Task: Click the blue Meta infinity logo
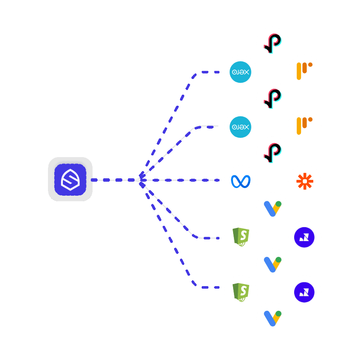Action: pyautogui.click(x=241, y=182)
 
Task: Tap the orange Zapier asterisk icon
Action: pyautogui.click(x=304, y=182)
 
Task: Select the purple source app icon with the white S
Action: pyautogui.click(x=70, y=179)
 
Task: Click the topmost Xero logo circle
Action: pyautogui.click(x=241, y=72)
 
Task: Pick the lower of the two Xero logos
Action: pyautogui.click(x=241, y=127)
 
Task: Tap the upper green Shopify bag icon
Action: pyautogui.click(x=241, y=237)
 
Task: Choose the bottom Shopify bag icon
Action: pyautogui.click(x=241, y=292)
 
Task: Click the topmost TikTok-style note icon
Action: pyautogui.click(x=273, y=44)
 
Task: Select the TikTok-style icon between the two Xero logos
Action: pyautogui.click(x=273, y=98)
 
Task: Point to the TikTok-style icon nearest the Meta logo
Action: pyautogui.click(x=273, y=153)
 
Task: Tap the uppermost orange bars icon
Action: pyautogui.click(x=304, y=71)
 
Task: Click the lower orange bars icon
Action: pyautogui.click(x=304, y=126)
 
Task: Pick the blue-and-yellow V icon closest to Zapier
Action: pyautogui.click(x=273, y=208)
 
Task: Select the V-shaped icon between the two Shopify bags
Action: pyautogui.click(x=273, y=264)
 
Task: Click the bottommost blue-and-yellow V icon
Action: pyautogui.click(x=273, y=318)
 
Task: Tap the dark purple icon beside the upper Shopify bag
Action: pyautogui.click(x=304, y=237)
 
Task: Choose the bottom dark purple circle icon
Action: pyautogui.click(x=304, y=292)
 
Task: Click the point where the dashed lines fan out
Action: pyautogui.click(x=141, y=180)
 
